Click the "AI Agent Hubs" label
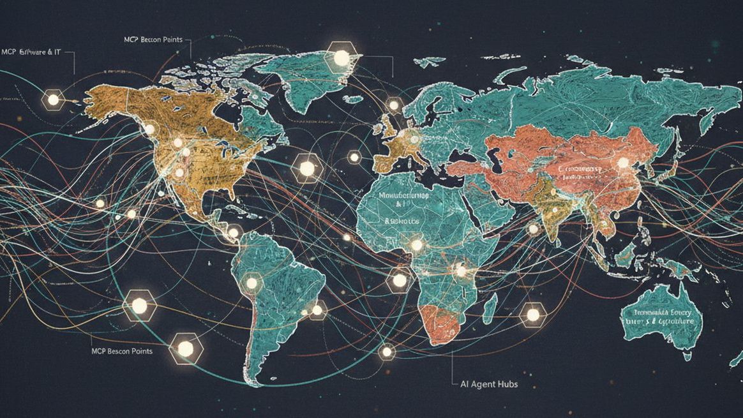489,385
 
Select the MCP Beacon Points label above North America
153,40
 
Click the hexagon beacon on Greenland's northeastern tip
342,57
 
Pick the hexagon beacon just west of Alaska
52,100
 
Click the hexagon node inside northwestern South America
251,282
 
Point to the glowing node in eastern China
622,163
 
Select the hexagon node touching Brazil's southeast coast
317,311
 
